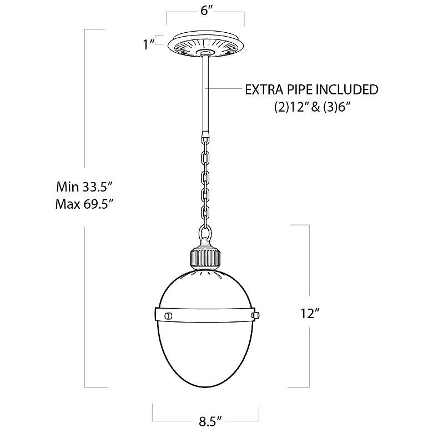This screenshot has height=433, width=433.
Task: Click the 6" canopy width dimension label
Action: tap(206, 11)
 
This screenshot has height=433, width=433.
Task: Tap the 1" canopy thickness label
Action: tap(148, 44)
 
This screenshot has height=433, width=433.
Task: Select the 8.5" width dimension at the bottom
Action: tap(210, 421)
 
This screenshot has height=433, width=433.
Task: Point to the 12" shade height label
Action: tap(310, 314)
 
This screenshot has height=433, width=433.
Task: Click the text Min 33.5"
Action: tap(84, 187)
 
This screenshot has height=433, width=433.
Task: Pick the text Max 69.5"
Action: tap(85, 204)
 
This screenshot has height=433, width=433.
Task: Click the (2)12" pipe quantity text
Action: tap(292, 107)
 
